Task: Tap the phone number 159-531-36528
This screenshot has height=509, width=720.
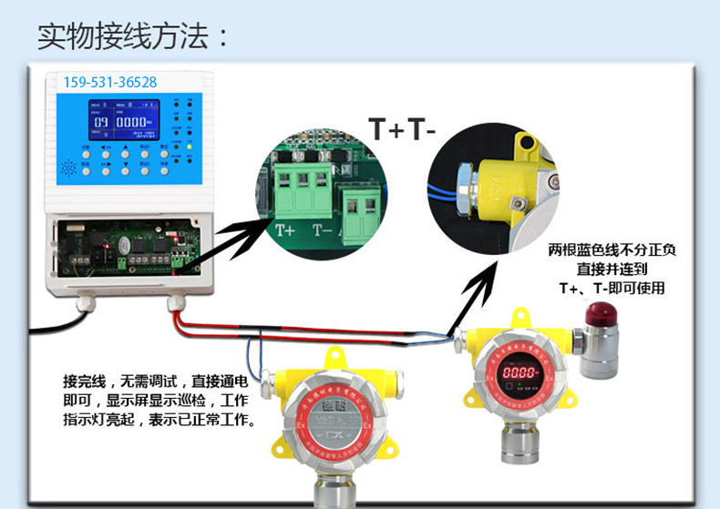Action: point(110,82)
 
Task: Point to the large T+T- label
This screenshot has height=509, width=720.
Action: point(403,128)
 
